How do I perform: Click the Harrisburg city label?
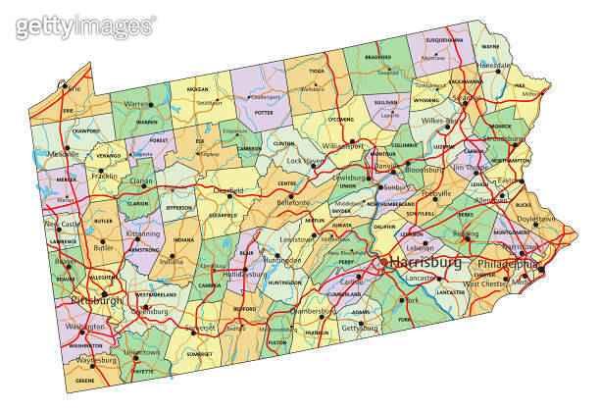[x=425, y=264]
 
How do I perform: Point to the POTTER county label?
[x=263, y=113]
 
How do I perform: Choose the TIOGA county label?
[x=317, y=72]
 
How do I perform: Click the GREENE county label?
[x=85, y=380]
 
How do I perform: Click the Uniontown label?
[x=142, y=352]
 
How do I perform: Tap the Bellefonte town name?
[x=293, y=202]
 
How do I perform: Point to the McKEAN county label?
[x=197, y=89]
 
